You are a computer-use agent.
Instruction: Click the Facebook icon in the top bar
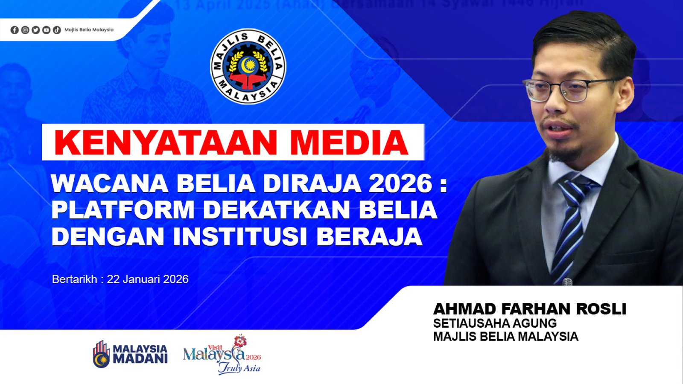tap(15, 30)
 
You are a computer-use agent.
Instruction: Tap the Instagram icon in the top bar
tap(25, 30)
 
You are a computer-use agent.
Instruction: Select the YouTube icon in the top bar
tap(46, 30)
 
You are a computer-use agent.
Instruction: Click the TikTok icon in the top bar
tap(57, 30)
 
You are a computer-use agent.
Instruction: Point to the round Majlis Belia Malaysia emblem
tap(248, 67)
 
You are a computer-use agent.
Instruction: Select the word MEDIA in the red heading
tap(349, 143)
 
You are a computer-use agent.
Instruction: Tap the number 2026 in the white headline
tap(400, 184)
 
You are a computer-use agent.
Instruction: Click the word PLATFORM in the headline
tap(123, 210)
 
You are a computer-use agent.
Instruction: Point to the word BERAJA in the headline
tap(369, 236)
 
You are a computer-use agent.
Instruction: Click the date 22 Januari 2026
tap(147, 279)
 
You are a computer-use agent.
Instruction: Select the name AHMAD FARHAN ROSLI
tap(529, 308)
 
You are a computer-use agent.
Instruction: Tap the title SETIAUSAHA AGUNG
tap(495, 323)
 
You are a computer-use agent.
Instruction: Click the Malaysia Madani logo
tap(130, 354)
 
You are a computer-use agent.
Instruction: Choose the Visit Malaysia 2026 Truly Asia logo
tap(222, 355)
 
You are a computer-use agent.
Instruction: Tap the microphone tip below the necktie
tap(567, 282)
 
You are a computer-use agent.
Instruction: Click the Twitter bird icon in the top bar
tap(35, 30)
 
